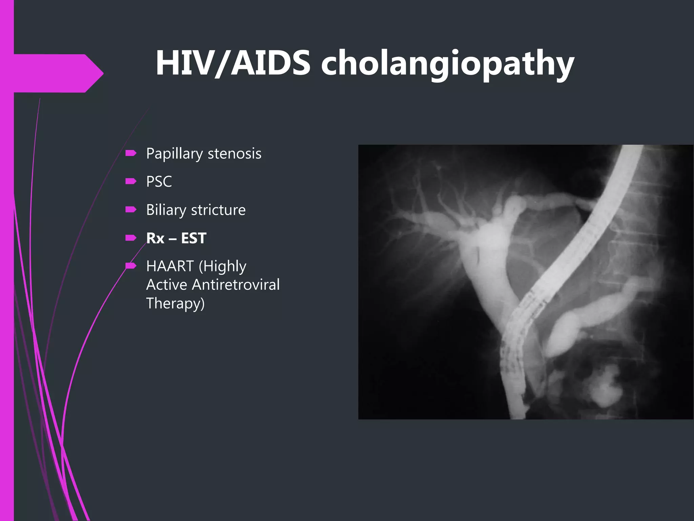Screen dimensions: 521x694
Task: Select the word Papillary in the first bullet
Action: (x=175, y=154)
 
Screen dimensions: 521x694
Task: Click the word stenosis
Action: (x=234, y=154)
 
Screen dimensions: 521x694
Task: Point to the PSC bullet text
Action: (x=159, y=182)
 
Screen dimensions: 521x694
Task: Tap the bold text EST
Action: (x=193, y=238)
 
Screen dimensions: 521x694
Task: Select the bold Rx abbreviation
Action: (x=155, y=238)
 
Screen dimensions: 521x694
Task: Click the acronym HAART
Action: (x=170, y=266)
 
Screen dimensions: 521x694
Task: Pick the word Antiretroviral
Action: (x=236, y=285)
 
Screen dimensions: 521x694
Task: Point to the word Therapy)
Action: (x=176, y=304)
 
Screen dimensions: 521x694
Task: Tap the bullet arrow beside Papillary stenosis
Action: (x=130, y=153)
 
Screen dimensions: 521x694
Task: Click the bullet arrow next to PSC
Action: (x=130, y=181)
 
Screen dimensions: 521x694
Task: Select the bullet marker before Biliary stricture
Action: (x=130, y=210)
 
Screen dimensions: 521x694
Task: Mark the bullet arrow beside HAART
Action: (x=130, y=265)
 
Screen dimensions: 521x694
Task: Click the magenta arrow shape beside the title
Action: (x=58, y=73)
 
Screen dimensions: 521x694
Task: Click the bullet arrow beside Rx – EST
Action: (x=130, y=238)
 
